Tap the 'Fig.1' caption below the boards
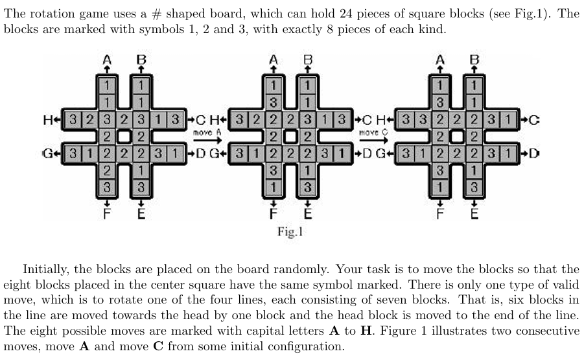click(x=290, y=232)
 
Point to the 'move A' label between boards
click(x=207, y=132)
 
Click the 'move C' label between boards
click(x=373, y=132)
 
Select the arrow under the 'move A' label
click(x=207, y=141)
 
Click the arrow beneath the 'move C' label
click(x=373, y=141)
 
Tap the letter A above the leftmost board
click(x=107, y=60)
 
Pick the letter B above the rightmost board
click(x=474, y=60)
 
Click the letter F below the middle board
click(x=274, y=214)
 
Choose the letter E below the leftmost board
click(x=141, y=214)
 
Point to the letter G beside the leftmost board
click(x=48, y=153)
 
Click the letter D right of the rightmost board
click(x=533, y=153)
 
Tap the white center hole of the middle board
click(x=290, y=137)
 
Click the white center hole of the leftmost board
click(x=124, y=137)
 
